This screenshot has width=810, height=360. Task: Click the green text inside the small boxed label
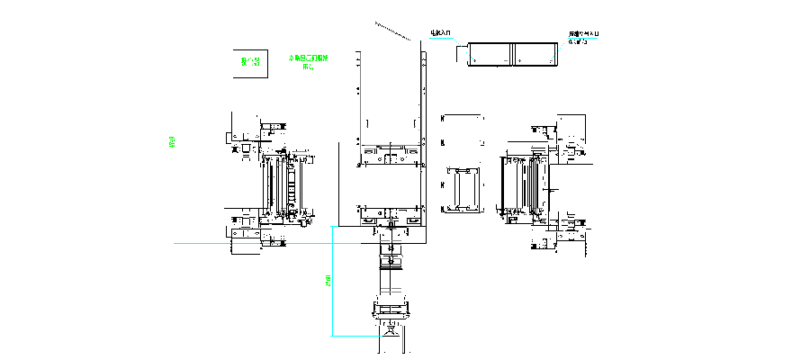click(251, 62)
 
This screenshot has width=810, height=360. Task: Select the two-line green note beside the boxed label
click(308, 61)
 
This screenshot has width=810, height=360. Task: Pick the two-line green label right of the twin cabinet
click(582, 36)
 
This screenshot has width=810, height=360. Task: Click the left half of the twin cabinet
click(490, 54)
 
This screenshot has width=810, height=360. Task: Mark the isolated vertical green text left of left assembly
click(172, 143)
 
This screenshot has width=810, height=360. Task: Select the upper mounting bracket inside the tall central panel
click(391, 155)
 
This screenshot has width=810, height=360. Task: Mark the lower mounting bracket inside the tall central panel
click(391, 216)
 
